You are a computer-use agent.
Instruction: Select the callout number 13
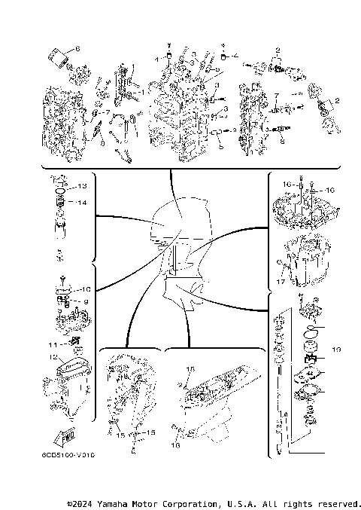(x=83, y=185)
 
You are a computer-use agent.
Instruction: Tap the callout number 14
(x=83, y=203)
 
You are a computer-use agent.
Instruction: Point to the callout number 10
(x=85, y=289)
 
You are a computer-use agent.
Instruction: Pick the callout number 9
(x=85, y=302)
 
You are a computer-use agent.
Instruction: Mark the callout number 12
(x=53, y=357)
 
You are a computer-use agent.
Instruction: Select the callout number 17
(x=280, y=283)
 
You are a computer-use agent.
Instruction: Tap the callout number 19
(x=336, y=349)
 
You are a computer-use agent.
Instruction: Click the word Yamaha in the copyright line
(x=117, y=503)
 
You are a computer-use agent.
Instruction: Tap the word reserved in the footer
(x=338, y=503)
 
